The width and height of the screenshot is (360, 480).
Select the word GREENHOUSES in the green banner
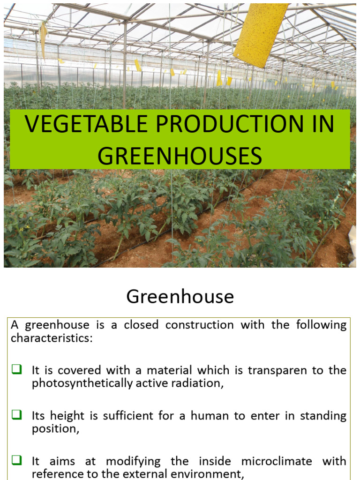click(x=179, y=156)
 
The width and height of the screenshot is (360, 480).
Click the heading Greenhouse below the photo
click(x=180, y=297)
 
